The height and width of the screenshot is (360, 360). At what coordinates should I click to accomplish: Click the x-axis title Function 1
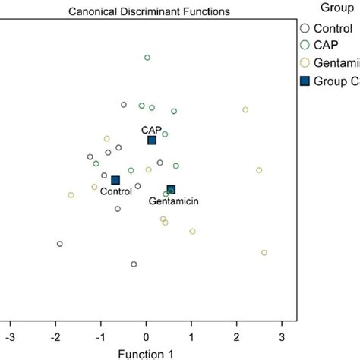point(146,353)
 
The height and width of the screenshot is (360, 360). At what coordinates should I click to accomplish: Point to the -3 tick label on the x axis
point(10,335)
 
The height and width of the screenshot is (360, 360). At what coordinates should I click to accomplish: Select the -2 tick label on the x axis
point(55,335)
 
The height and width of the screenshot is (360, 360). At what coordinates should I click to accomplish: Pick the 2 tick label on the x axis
point(237,335)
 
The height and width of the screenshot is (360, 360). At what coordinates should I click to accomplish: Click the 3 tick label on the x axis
point(282,335)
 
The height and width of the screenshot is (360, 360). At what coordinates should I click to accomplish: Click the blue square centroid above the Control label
point(115,180)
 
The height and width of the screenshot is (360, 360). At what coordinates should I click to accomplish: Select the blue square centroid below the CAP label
point(152,141)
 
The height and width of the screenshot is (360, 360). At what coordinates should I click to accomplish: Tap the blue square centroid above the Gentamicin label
point(172,190)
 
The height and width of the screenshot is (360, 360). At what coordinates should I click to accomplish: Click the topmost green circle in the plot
point(147,58)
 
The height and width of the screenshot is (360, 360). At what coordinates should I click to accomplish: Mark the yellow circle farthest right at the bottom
point(264,253)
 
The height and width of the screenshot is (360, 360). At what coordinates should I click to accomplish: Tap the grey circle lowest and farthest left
point(60,244)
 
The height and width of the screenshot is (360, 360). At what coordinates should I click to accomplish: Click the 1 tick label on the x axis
point(191,335)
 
